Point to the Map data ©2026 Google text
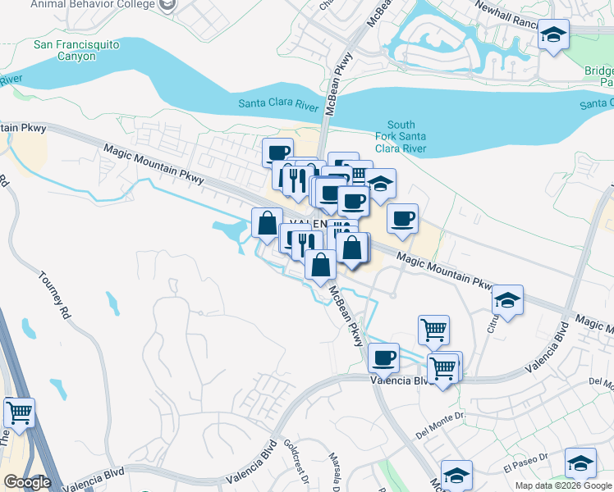pos(562,485)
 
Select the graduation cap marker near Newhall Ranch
pos(553,35)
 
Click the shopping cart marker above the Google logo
pos(19,412)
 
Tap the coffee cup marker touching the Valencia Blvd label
pos(383,358)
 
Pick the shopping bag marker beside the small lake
pos(267,222)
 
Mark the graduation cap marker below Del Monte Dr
pos(456,475)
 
